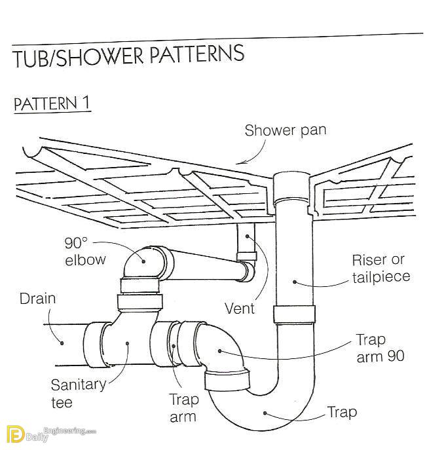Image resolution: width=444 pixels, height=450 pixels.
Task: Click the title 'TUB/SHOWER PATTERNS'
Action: (x=129, y=56)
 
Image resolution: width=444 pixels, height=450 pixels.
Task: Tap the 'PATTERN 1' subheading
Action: (x=52, y=103)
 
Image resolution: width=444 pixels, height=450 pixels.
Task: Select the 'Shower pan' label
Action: (x=286, y=130)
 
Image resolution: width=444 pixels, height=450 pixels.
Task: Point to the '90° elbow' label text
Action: (x=85, y=252)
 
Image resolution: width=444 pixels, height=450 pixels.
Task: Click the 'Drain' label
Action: (x=37, y=299)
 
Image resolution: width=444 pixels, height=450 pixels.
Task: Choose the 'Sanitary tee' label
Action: (x=79, y=394)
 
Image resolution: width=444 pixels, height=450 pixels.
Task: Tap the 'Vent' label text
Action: (x=240, y=309)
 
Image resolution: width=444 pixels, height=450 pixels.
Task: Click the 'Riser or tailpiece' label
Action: (x=381, y=269)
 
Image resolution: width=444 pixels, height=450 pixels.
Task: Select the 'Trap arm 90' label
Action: (x=380, y=348)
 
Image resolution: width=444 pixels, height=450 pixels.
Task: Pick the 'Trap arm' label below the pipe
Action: (x=183, y=408)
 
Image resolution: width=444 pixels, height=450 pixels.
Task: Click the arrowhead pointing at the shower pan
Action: (x=240, y=162)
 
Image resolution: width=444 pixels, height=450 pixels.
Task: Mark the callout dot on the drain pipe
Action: (x=62, y=343)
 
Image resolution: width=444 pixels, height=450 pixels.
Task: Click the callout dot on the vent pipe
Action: (x=247, y=236)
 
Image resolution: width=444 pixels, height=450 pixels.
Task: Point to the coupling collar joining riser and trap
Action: (x=294, y=314)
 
